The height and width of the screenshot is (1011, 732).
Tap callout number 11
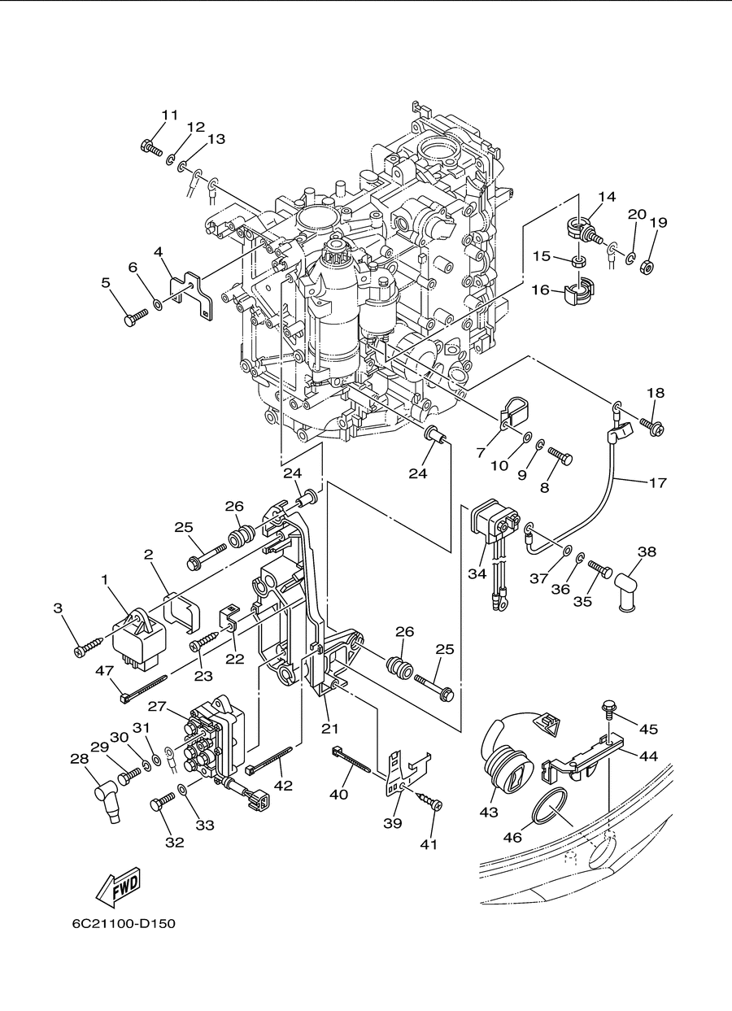pyautogui.click(x=170, y=115)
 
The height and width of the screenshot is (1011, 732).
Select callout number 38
pyautogui.click(x=647, y=551)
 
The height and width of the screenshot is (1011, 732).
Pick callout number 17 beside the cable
pyautogui.click(x=657, y=482)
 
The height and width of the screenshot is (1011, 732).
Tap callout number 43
pyautogui.click(x=489, y=813)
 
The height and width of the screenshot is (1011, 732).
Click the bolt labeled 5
pyautogui.click(x=136, y=317)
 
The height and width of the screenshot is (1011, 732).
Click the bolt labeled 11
pyautogui.click(x=151, y=147)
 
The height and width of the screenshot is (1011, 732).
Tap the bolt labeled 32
pyautogui.click(x=162, y=803)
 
